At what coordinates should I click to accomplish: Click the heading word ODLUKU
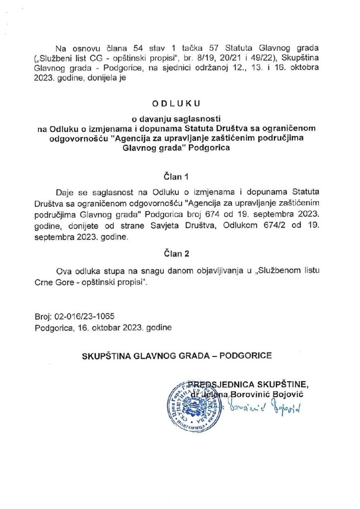click(x=180, y=104)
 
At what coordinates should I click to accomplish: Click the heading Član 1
click(x=180, y=176)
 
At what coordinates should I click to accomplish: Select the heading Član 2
click(x=180, y=254)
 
